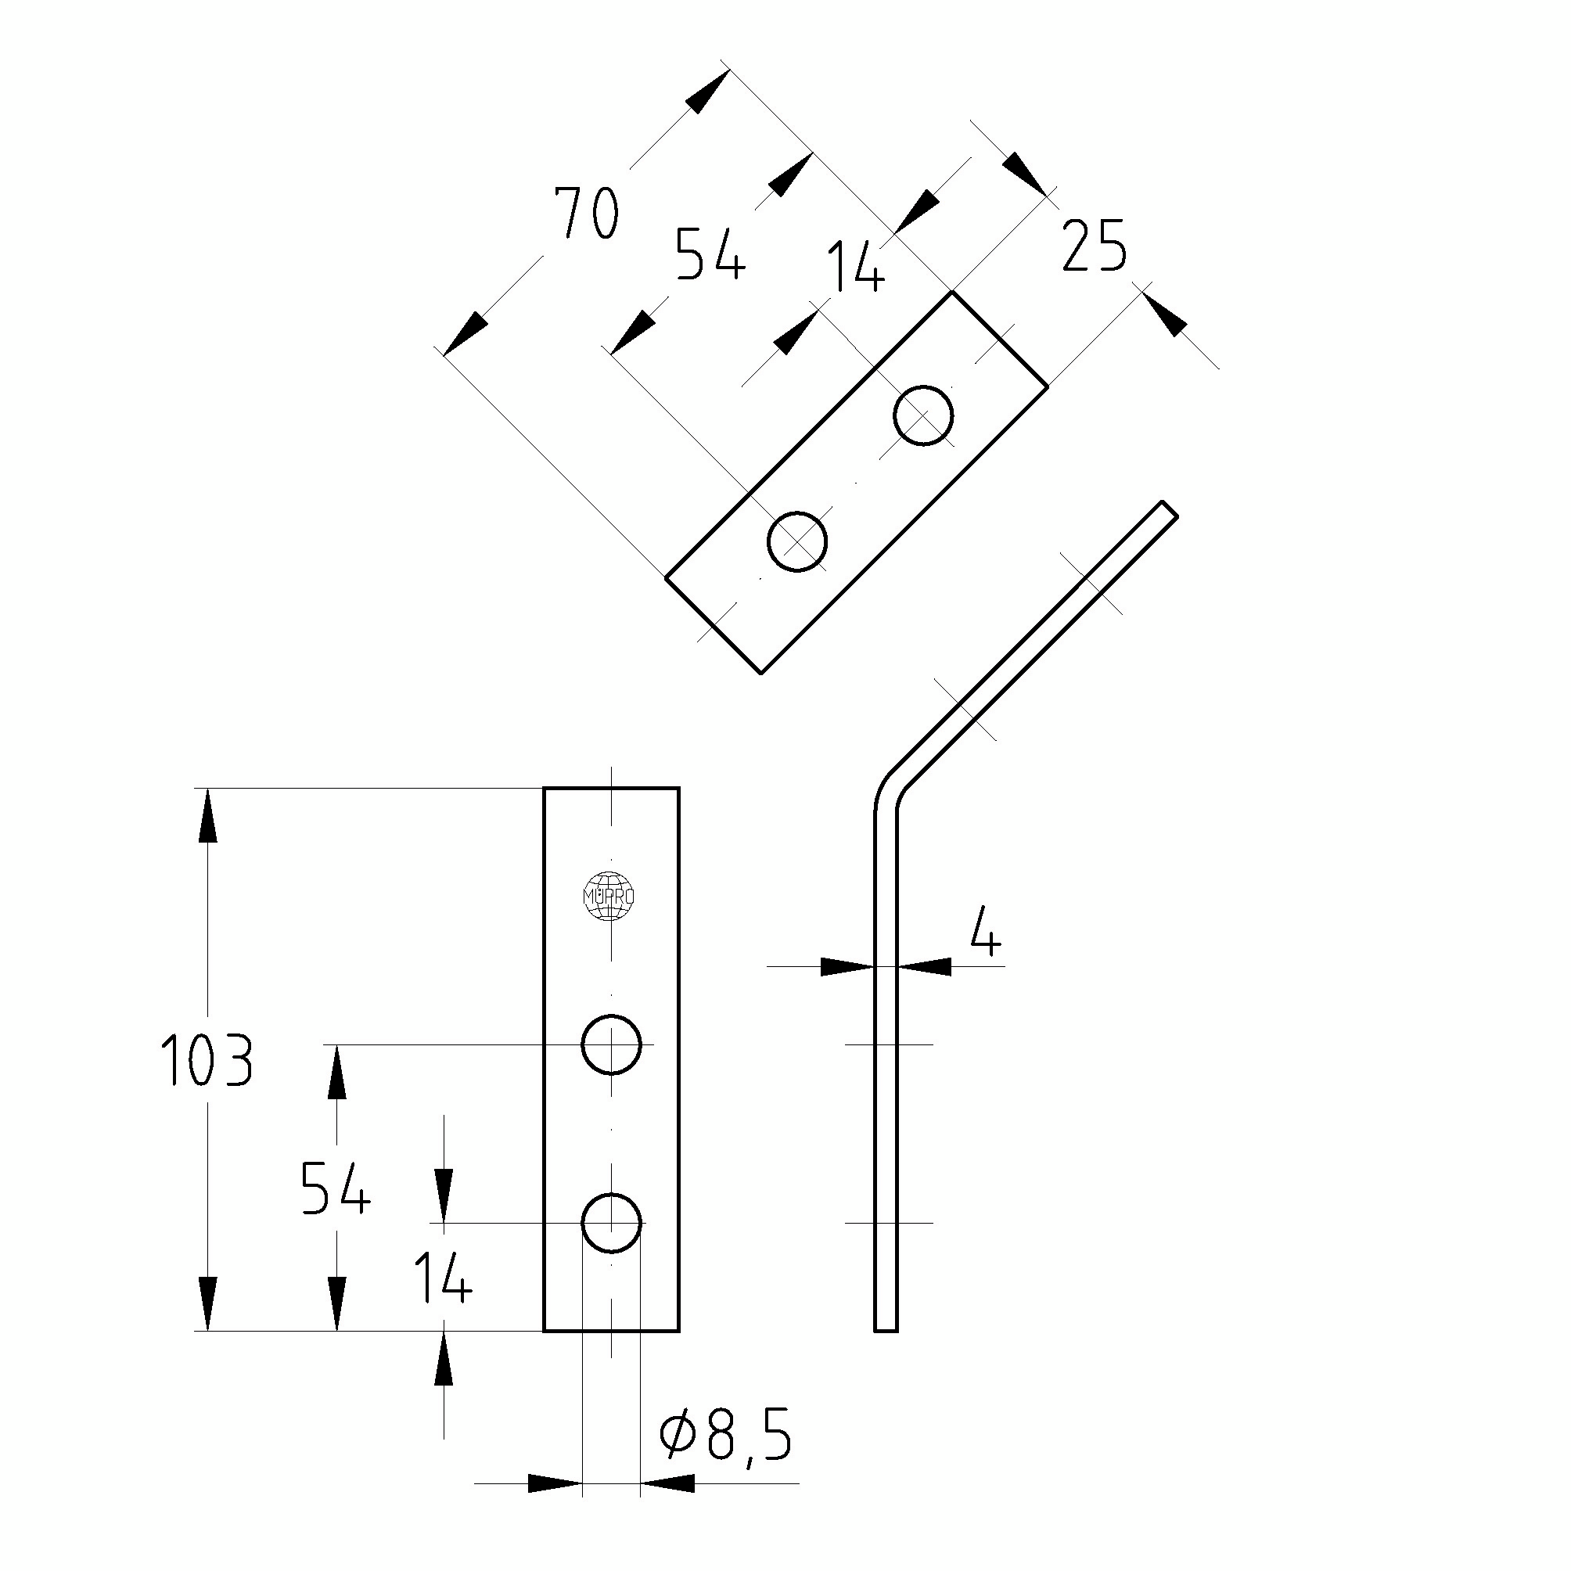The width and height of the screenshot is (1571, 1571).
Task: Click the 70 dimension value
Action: pos(586,214)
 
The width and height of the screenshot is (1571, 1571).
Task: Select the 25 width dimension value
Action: pos(1095,246)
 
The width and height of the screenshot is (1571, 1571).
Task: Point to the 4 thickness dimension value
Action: pos(986,938)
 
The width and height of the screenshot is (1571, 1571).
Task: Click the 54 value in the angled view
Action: pos(710,253)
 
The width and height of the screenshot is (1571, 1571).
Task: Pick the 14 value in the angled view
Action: pos(855,268)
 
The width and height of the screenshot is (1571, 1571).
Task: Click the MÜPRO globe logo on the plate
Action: pos(610,896)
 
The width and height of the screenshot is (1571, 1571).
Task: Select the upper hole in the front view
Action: pos(612,1045)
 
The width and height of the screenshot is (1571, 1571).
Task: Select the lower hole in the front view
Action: pos(612,1222)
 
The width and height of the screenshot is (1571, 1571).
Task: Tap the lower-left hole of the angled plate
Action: pos(797,541)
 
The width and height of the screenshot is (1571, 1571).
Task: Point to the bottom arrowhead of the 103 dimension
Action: pos(208,1302)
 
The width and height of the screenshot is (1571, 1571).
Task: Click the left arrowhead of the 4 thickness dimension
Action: pos(846,966)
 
